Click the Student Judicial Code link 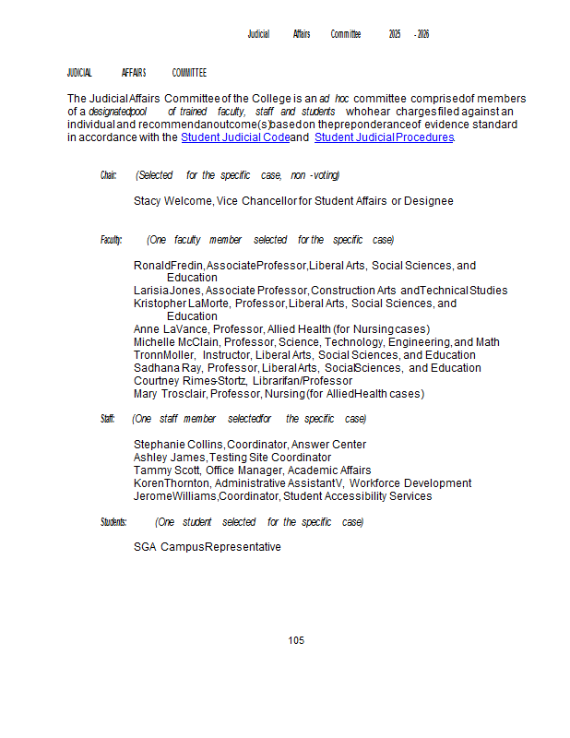[235, 137]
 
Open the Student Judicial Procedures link [384, 137]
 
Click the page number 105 [296, 640]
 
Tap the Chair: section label [109, 175]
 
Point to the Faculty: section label [111, 240]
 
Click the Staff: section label [108, 419]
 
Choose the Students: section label [113, 522]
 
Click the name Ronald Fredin [169, 266]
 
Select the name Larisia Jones [167, 291]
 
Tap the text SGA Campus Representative [208, 547]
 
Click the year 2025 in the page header [395, 34]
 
